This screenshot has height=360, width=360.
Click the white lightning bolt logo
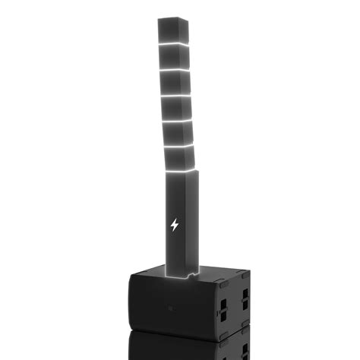tap(175, 226)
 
